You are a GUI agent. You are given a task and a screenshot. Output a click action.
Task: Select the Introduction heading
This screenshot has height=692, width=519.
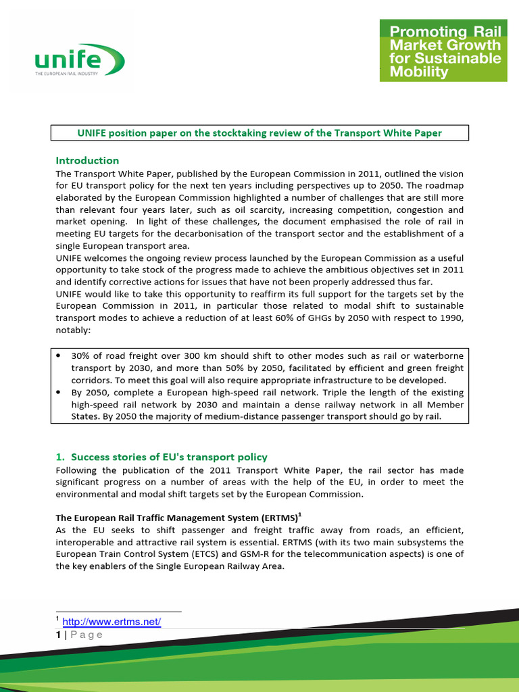click(87, 161)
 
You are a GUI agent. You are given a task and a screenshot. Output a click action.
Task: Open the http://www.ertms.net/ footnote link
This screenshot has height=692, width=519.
click(112, 622)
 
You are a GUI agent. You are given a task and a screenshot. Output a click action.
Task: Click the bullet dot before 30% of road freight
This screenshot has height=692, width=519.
click(59, 355)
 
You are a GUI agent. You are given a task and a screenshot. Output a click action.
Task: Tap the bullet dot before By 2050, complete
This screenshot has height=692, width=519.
click(59, 392)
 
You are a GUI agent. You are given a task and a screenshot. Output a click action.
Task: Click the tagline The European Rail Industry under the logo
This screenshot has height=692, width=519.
click(67, 73)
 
